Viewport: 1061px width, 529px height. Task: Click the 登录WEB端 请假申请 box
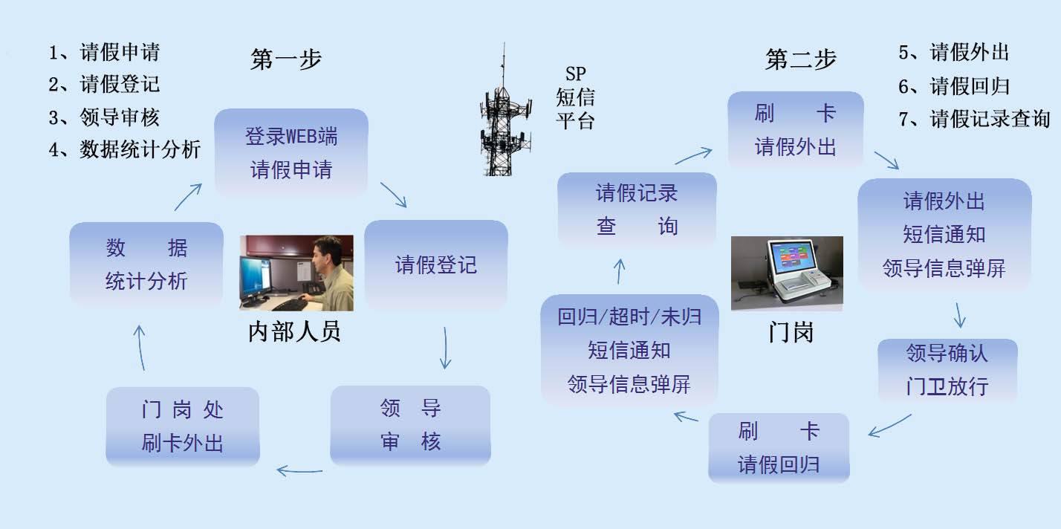coord(291,152)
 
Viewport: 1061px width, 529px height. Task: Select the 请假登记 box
coord(435,264)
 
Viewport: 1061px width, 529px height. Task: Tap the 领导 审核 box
coord(410,425)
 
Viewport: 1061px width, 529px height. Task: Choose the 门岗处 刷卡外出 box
coord(182,426)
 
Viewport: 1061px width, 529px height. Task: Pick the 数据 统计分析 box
coord(146,264)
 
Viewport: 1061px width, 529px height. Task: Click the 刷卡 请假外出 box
coord(795,130)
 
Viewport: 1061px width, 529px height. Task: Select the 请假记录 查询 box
coord(637,210)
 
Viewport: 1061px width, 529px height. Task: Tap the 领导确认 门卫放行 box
coord(947,370)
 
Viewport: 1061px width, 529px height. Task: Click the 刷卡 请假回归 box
coord(779,448)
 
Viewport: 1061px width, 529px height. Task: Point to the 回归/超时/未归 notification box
coord(629,350)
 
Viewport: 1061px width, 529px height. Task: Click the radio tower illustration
coord(505,111)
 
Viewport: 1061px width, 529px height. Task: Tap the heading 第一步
coord(286,59)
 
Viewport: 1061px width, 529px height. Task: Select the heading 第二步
coord(801,59)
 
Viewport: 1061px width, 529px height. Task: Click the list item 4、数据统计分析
coord(125,149)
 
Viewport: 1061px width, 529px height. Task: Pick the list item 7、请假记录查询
coord(974,118)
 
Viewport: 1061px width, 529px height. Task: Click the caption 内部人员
coord(294,331)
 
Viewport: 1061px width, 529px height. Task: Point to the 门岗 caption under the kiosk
coord(791,332)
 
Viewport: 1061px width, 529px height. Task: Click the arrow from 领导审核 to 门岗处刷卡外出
coord(299,471)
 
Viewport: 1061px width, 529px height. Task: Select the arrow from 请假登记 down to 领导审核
coord(445,348)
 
